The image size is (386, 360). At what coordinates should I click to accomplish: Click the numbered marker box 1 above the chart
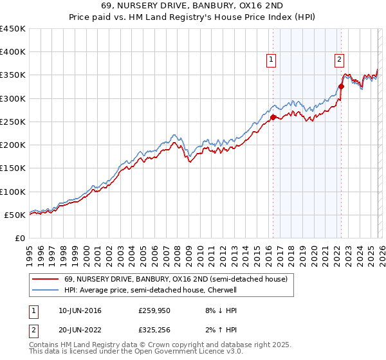click(x=271, y=60)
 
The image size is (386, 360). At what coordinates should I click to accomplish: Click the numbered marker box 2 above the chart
click(x=339, y=60)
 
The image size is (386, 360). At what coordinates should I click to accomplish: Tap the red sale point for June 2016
click(x=273, y=117)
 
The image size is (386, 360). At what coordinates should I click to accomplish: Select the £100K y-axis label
click(x=13, y=192)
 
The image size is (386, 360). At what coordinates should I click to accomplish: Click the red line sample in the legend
click(x=45, y=279)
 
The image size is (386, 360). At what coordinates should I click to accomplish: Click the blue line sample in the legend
click(x=45, y=290)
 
